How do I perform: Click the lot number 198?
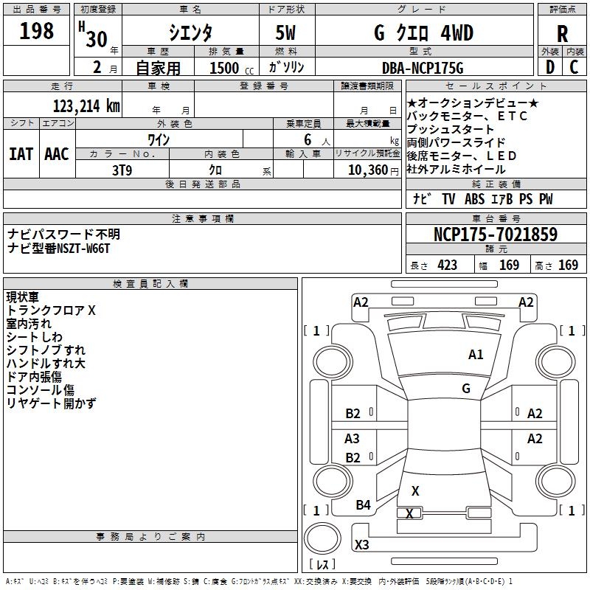point(37,31)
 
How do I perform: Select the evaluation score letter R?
point(562,34)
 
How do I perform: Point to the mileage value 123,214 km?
point(87,106)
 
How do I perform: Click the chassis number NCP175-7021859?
point(496,235)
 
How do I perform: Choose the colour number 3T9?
point(122,169)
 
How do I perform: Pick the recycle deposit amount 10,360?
point(367,170)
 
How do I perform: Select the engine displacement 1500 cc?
point(225,69)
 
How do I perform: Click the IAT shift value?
point(21,153)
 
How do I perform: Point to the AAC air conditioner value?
point(57,153)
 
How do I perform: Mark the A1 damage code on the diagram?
point(476,355)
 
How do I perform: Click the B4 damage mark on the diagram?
point(363,504)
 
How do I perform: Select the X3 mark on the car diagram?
point(361,545)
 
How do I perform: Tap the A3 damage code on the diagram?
point(353,439)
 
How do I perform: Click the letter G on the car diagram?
point(466,389)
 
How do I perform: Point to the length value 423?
point(448,265)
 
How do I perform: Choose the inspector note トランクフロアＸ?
point(51,310)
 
